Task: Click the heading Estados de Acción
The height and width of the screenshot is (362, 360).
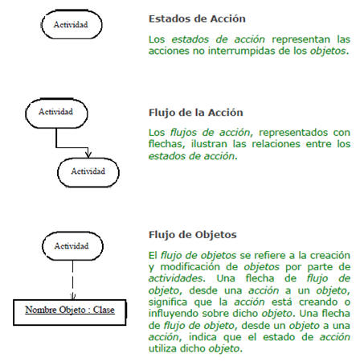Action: click(197, 19)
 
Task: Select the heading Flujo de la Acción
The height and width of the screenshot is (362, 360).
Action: click(196, 113)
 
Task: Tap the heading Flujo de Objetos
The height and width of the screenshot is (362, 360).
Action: click(193, 235)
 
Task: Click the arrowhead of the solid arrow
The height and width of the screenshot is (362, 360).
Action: click(88, 154)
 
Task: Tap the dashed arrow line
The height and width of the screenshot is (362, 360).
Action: click(72, 280)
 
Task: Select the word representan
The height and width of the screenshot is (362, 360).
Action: click(301, 39)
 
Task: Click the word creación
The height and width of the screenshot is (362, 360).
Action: click(329, 255)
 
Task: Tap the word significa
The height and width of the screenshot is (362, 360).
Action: click(168, 302)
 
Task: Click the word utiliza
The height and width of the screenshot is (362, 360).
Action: click(162, 348)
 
